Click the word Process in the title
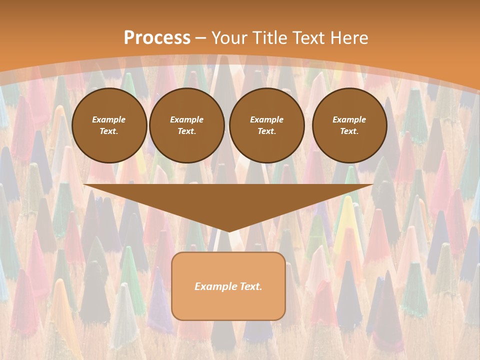[x=157, y=38]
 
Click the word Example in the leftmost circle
[x=109, y=120]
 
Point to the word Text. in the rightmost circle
[x=349, y=131]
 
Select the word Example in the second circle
[x=187, y=120]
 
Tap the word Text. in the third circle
[x=266, y=131]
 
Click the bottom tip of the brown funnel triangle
[x=229, y=230]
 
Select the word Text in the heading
[x=309, y=38]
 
